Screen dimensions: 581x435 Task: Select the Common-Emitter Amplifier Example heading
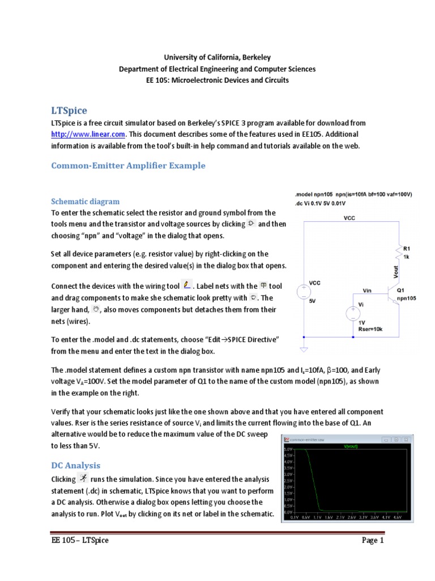128,166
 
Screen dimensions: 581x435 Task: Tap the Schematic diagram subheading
85,201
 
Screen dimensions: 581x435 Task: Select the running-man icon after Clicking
84,478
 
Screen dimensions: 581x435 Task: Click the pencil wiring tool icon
188,284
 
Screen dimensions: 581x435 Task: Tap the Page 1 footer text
373,540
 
